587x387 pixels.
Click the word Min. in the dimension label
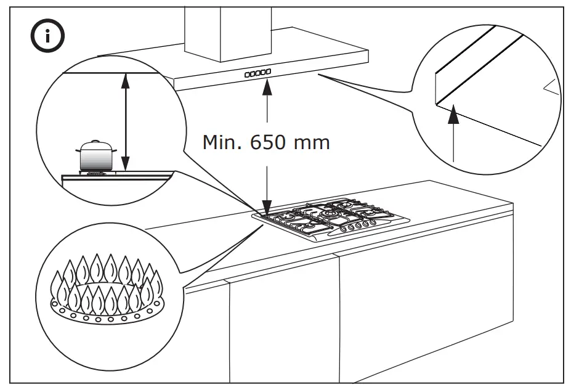pyautogui.click(x=223, y=142)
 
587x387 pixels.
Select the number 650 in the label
pyautogui.click(x=269, y=142)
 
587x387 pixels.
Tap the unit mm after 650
pyautogui.click(x=312, y=143)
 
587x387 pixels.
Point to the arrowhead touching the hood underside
pyautogui.click(x=267, y=86)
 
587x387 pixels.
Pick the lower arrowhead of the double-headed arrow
pyautogui.click(x=126, y=165)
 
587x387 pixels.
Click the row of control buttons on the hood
pyautogui.click(x=257, y=73)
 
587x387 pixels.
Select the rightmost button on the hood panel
pyautogui.click(x=269, y=72)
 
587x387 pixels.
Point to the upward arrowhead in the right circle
pyautogui.click(x=453, y=111)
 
